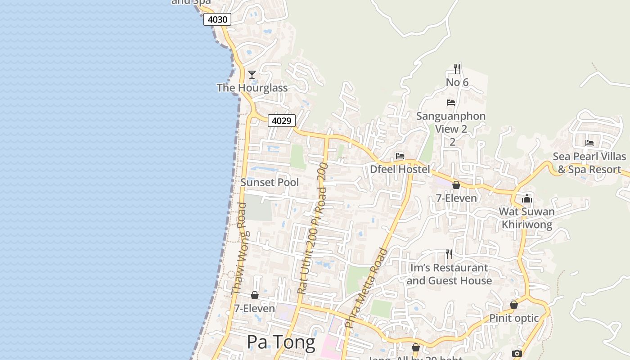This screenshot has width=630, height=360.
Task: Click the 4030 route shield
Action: coord(217,19)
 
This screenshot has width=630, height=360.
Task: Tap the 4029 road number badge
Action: coord(282,121)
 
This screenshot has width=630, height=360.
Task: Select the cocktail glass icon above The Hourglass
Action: coord(252,74)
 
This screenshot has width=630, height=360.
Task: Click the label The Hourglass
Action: coord(252,88)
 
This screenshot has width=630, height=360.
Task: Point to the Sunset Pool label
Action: coord(270,182)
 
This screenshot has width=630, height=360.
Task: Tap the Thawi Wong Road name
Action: coord(239,248)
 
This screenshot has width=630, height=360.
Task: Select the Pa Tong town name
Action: coord(281,342)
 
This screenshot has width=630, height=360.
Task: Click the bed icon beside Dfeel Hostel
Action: coord(400,156)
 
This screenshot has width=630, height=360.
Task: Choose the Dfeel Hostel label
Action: coord(400,169)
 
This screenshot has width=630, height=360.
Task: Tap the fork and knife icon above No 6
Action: coord(457,69)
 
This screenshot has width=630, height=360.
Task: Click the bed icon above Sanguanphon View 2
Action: coord(451,103)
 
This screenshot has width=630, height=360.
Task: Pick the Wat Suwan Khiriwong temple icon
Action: coord(527,198)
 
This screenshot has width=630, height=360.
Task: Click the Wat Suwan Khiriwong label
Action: coord(527,218)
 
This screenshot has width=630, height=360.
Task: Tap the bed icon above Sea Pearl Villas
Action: coord(589,143)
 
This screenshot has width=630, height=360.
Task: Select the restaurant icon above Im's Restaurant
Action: coord(449,254)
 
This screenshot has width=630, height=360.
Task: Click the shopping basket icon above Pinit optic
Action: coord(514,305)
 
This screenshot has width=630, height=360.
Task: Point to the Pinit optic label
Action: coord(514,318)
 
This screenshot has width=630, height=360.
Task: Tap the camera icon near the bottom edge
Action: coord(517,353)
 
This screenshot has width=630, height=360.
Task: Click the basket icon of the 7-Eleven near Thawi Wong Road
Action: coord(255,295)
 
